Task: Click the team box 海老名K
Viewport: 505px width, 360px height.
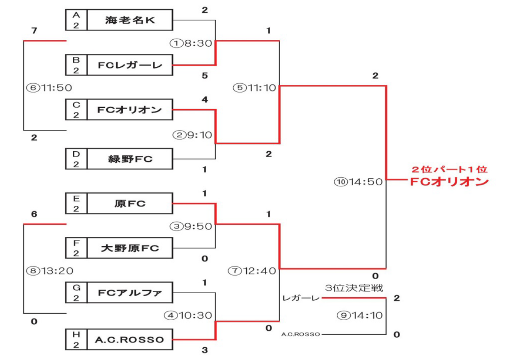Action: (x=130, y=20)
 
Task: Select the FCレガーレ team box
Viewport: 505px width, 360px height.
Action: (x=130, y=66)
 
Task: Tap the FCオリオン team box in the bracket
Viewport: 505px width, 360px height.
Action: (x=130, y=110)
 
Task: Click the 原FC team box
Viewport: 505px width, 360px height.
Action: (x=130, y=204)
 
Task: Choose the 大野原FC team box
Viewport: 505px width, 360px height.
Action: (x=130, y=249)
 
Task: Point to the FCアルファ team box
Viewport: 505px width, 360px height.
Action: (x=130, y=293)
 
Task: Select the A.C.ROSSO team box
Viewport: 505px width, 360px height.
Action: (x=130, y=339)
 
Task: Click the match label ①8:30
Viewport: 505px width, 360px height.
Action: (x=191, y=43)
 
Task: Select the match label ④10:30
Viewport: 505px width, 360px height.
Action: (x=188, y=315)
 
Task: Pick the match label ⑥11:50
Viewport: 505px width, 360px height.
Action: (x=48, y=88)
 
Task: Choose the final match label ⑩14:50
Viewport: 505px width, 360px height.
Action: (x=359, y=181)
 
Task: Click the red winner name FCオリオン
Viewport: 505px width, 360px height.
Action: (x=449, y=182)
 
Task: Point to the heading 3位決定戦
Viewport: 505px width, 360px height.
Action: (x=354, y=288)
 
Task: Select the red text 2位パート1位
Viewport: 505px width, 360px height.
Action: (x=449, y=169)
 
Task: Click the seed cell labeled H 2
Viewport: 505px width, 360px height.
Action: (x=76, y=339)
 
